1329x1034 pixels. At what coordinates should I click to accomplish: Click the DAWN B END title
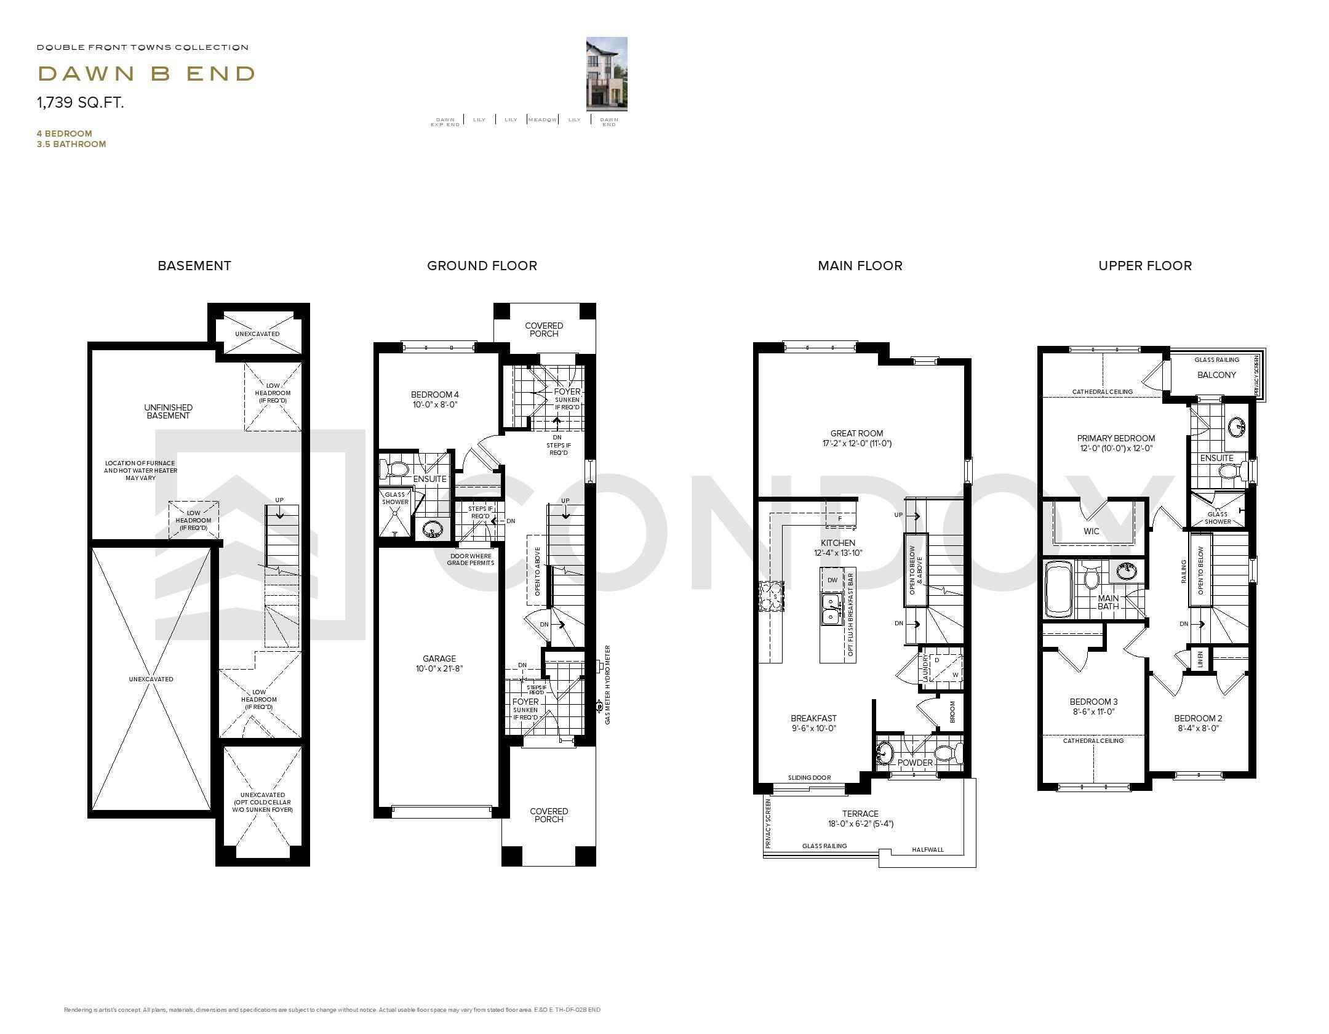click(x=146, y=74)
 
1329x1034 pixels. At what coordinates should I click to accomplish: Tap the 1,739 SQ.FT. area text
click(x=81, y=103)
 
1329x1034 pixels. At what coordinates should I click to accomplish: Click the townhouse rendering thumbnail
click(x=606, y=74)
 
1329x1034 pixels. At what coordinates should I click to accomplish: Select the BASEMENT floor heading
click(x=194, y=266)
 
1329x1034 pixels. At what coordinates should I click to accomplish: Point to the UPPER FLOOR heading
click(x=1144, y=266)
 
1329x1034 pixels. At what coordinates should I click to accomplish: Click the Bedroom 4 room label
click(x=435, y=395)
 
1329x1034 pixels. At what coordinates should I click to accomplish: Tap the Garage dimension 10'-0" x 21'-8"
click(x=439, y=668)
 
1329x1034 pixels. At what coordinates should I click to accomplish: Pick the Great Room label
click(x=856, y=433)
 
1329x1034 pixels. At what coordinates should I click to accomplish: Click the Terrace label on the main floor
click(x=860, y=814)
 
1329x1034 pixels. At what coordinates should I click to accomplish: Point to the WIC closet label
click(x=1091, y=531)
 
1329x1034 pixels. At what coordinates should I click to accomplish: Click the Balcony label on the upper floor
click(x=1216, y=375)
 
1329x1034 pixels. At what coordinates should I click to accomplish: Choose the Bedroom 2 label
click(x=1197, y=718)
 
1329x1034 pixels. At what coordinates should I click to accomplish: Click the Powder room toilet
click(x=945, y=753)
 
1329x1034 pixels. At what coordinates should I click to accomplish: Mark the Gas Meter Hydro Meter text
click(x=607, y=684)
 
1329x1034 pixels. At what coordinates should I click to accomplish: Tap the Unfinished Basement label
click(x=168, y=411)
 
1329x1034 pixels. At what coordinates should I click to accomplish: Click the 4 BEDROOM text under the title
click(x=65, y=134)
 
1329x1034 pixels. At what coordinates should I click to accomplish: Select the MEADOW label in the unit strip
click(x=542, y=119)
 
